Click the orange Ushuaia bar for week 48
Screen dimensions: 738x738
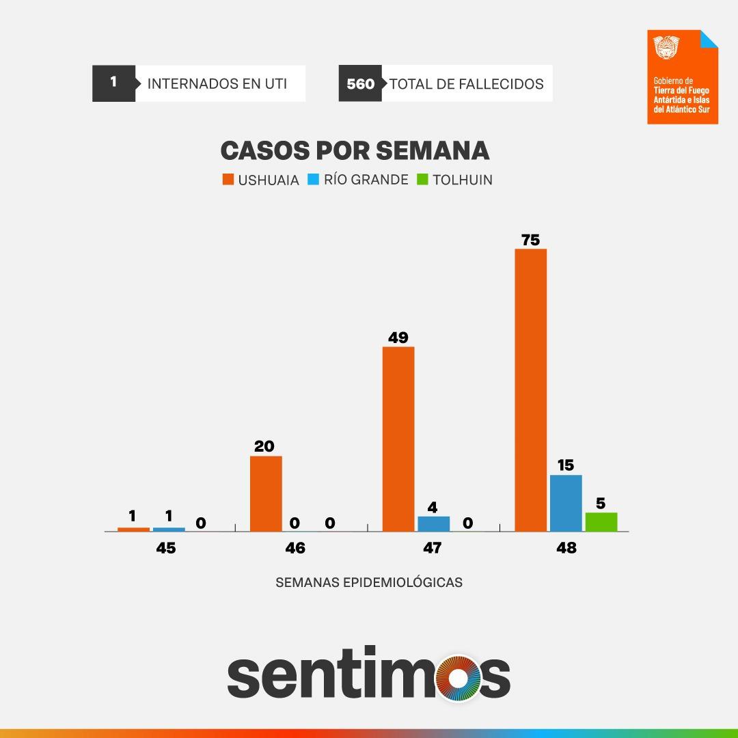pos(530,389)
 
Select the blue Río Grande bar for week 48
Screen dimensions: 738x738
pos(566,503)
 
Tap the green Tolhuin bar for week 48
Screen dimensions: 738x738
pos(601,521)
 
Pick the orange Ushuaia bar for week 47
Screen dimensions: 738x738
pos(398,439)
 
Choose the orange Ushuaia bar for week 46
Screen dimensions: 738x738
pos(266,493)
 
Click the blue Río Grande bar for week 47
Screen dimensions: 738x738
pos(434,523)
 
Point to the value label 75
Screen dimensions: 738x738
pos(530,240)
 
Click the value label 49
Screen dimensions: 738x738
pos(398,338)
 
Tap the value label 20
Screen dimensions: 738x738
pos(264,446)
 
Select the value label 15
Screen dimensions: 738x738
pos(565,466)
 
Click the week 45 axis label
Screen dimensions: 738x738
pos(165,548)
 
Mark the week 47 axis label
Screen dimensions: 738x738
pos(432,548)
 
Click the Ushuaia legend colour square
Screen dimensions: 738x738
pos(228,180)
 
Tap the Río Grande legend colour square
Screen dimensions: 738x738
pos(314,180)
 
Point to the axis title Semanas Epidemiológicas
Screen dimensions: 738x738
pos(369,583)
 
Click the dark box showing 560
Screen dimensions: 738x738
pos(360,84)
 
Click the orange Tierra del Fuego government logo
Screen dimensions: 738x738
pos(683,77)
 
